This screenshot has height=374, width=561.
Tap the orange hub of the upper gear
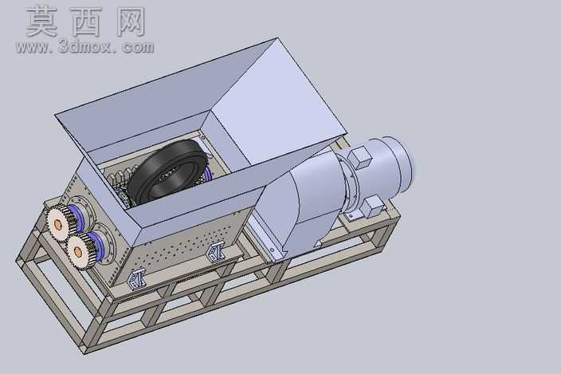click(57, 225)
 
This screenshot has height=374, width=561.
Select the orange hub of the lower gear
click(77, 252)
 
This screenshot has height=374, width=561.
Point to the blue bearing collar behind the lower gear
click(97, 245)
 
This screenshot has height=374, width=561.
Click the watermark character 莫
click(41, 22)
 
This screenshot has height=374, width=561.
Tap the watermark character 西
click(86, 22)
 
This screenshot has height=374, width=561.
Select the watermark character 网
click(131, 22)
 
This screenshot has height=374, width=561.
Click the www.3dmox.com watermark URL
click(84, 47)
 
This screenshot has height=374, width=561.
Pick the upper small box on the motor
click(360, 157)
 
